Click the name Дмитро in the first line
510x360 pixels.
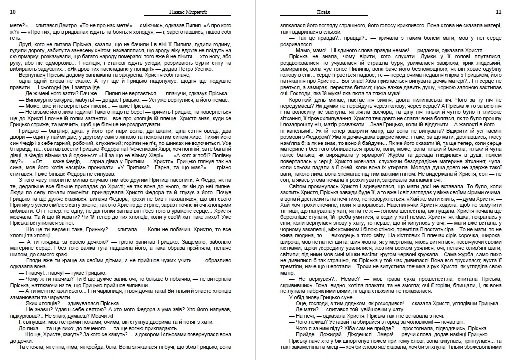pos(65,24)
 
